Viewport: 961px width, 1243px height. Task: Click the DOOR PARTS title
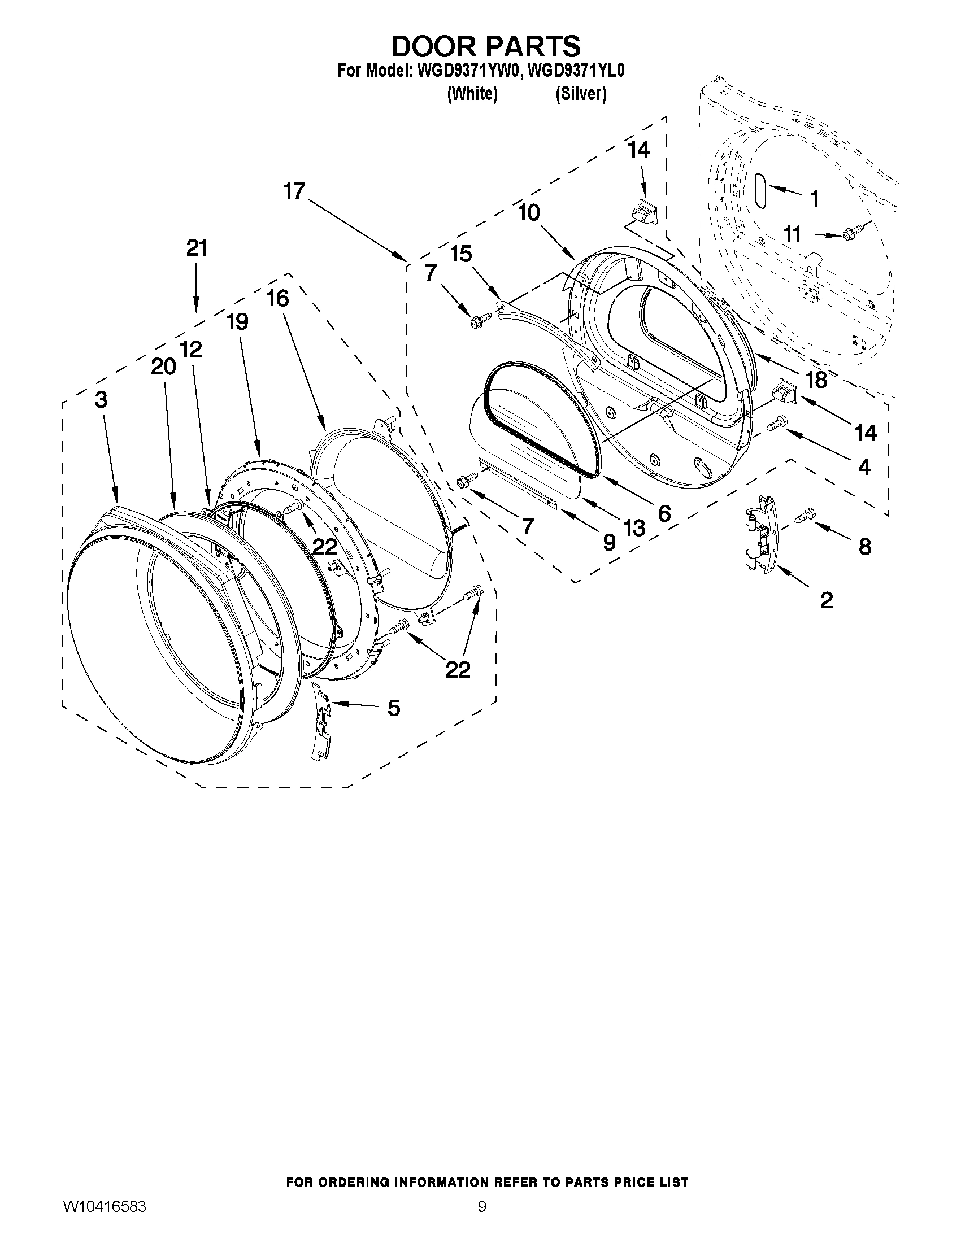(x=486, y=46)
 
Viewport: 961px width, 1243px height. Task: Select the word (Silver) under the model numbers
(x=581, y=93)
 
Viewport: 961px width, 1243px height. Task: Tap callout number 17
(x=294, y=191)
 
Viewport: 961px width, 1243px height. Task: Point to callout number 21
(x=197, y=248)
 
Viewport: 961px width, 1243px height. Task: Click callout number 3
(x=101, y=399)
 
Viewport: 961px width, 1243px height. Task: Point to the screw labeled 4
(x=778, y=423)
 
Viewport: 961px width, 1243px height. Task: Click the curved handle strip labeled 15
(x=546, y=337)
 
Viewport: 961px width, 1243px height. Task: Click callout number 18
(x=816, y=380)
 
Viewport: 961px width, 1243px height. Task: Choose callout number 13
(x=634, y=528)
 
